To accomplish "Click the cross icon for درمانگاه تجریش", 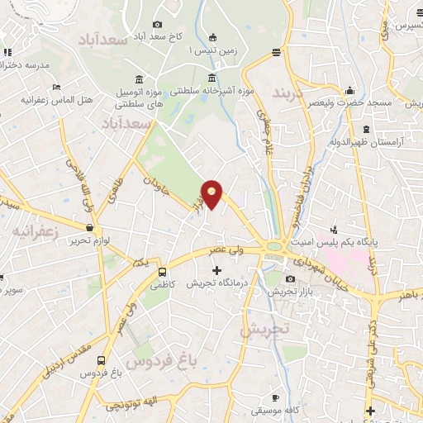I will (217, 270).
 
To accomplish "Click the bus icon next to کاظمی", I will (161, 271).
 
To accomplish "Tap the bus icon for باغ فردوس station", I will (101, 360).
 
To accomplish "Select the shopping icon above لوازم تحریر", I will (88, 227).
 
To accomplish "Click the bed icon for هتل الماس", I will (56, 87).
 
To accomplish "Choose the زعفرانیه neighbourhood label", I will (36, 232).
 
